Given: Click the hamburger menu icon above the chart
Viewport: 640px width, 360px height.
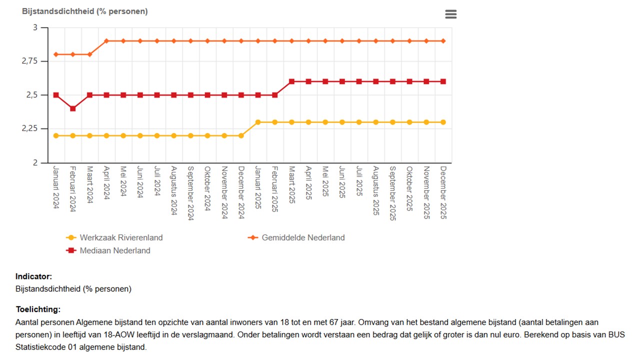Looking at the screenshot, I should pyautogui.click(x=450, y=14).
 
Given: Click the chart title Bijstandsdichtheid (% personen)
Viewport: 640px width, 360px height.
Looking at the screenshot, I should pyautogui.click(x=84, y=11).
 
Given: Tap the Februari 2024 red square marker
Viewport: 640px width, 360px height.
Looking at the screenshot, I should pyautogui.click(x=73, y=108).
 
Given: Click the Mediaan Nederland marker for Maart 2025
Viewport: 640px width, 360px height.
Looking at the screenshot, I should pyautogui.click(x=291, y=81).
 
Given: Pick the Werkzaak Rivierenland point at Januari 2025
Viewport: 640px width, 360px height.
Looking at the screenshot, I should pyautogui.click(x=258, y=122).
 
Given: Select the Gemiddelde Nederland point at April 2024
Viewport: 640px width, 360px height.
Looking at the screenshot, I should pyautogui.click(x=106, y=41).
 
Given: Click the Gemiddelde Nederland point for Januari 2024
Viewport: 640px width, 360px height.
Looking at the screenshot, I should pyautogui.click(x=56, y=54).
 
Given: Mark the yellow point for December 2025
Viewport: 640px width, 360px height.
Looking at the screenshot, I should pyautogui.click(x=443, y=122).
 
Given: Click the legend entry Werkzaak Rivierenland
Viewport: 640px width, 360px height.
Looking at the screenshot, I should pyautogui.click(x=121, y=237).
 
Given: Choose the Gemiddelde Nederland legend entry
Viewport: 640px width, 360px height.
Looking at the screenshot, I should pyautogui.click(x=303, y=237).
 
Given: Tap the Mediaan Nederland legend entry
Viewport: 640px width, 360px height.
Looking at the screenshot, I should pyautogui.click(x=115, y=250).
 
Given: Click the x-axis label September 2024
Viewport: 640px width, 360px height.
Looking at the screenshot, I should pyautogui.click(x=191, y=193).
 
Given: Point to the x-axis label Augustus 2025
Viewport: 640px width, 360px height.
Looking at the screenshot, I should pyautogui.click(x=376, y=190).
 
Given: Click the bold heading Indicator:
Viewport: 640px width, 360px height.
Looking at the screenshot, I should pyautogui.click(x=33, y=276).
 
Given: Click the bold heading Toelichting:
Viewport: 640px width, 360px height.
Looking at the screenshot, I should pyautogui.click(x=37, y=309).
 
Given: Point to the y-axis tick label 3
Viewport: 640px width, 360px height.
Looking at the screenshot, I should pyautogui.click(x=35, y=27).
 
